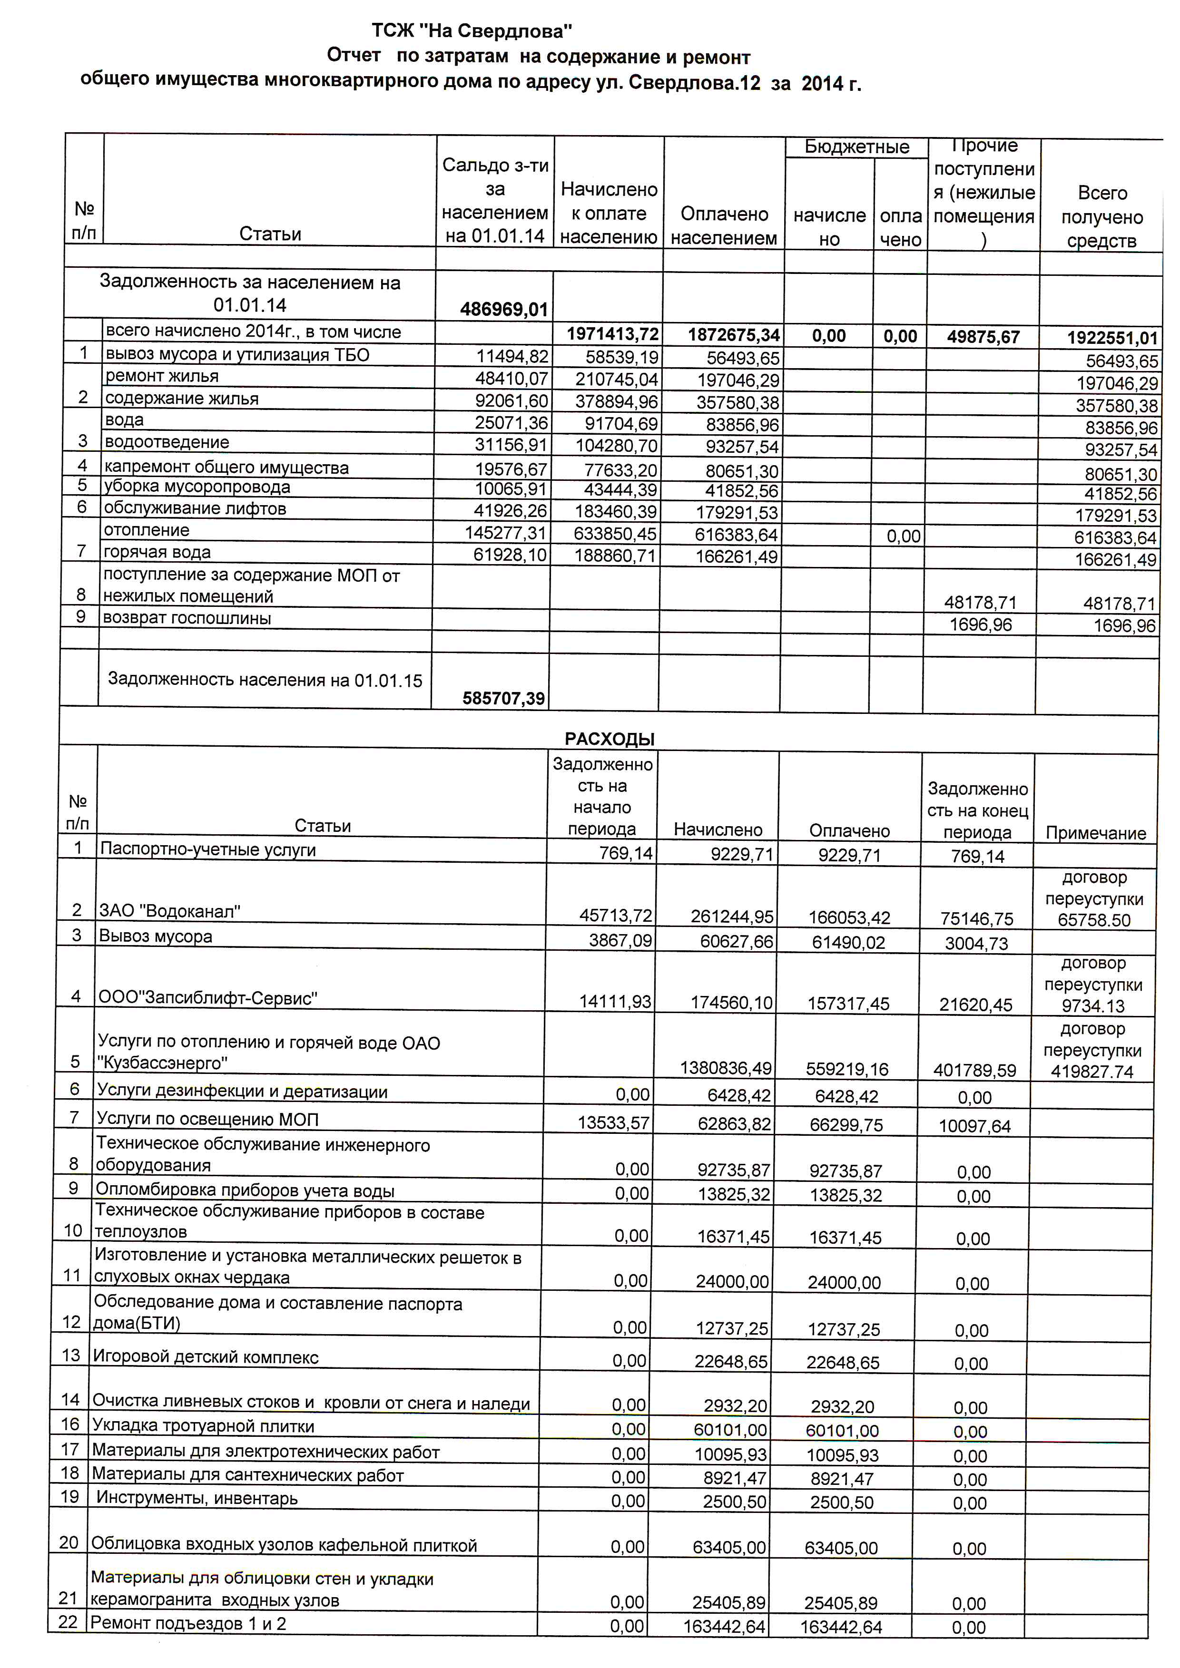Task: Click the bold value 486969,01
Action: tap(503, 310)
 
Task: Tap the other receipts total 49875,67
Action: tap(983, 336)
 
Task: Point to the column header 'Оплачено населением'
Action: tap(724, 225)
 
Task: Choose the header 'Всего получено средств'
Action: tap(1101, 216)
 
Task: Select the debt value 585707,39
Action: tap(503, 698)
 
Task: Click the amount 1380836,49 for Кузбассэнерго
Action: tap(725, 1067)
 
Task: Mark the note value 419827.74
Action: tap(1091, 1072)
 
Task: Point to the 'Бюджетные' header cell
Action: tap(856, 147)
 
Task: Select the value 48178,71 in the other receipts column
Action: tap(980, 602)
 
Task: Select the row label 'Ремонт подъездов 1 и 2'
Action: tap(188, 1623)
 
